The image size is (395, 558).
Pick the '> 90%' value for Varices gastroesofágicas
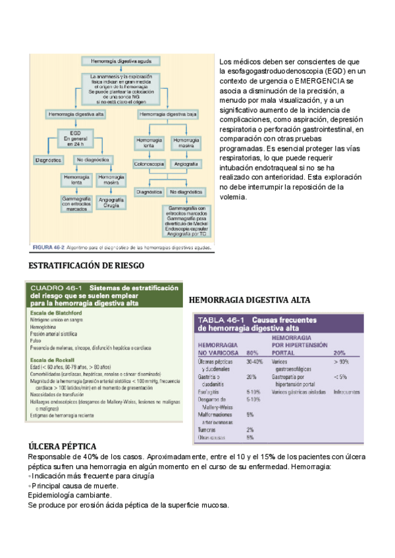pos(342,361)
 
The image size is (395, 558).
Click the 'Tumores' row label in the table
pos(208,429)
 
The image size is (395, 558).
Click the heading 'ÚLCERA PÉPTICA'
pos(62,447)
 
